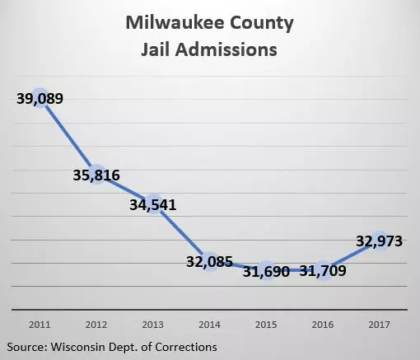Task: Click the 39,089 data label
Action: click(40, 99)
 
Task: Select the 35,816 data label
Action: click(96, 175)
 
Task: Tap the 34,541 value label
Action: click(153, 205)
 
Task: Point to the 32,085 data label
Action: click(209, 262)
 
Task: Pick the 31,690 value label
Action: click(266, 272)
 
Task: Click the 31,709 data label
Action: click(323, 271)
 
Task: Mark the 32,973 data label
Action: click(380, 241)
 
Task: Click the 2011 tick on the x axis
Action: click(40, 325)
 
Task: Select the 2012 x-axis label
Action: click(96, 325)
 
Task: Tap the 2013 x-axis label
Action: click(153, 325)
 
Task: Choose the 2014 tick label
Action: click(209, 325)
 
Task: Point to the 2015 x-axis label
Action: click(266, 325)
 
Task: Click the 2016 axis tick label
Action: click(323, 325)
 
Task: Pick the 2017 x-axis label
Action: click(380, 325)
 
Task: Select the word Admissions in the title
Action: click(226, 49)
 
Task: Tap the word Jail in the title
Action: click(156, 49)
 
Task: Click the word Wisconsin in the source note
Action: click(78, 347)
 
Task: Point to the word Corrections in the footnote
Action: click(186, 347)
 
